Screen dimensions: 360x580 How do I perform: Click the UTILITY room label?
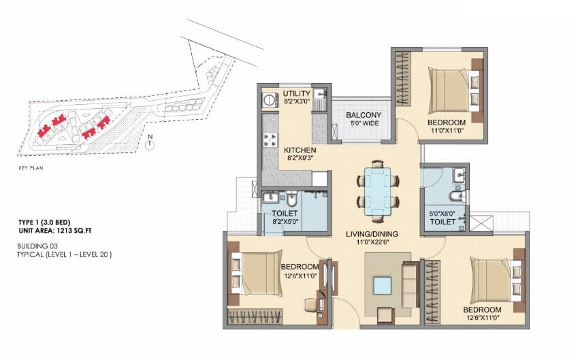(296, 94)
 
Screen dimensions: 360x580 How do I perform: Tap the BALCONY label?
(363, 115)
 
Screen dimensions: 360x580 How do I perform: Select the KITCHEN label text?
(298, 149)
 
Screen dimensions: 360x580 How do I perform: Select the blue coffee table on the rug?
(383, 284)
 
